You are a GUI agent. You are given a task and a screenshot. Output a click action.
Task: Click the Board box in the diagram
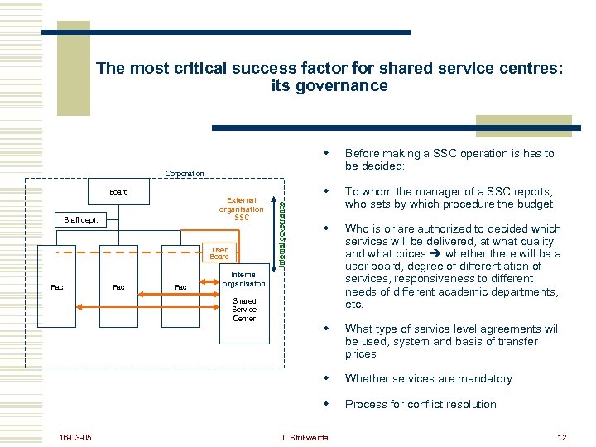pyautogui.click(x=118, y=192)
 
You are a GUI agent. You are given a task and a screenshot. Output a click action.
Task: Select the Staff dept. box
pyautogui.click(x=81, y=220)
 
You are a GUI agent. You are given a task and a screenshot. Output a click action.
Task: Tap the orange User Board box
pyautogui.click(x=219, y=253)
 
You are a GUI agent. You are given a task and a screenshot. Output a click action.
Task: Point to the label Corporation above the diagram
pyautogui.click(x=185, y=174)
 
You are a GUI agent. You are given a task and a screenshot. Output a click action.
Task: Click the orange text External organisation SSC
pyautogui.click(x=242, y=209)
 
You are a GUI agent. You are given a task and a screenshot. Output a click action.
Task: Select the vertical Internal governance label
pyautogui.click(x=281, y=235)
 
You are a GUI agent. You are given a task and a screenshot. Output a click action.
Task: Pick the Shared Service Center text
pyautogui.click(x=244, y=310)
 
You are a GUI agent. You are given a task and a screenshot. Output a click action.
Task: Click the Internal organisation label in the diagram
pyautogui.click(x=244, y=279)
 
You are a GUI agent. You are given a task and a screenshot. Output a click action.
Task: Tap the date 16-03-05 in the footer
pyautogui.click(x=75, y=437)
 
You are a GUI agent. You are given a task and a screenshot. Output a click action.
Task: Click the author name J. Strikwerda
pyautogui.click(x=304, y=437)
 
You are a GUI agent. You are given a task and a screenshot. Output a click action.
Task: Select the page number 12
pyautogui.click(x=561, y=437)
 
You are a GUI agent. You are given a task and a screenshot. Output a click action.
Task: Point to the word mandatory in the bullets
pyautogui.click(x=482, y=379)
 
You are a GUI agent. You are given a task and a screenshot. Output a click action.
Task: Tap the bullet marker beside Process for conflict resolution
pyautogui.click(x=328, y=404)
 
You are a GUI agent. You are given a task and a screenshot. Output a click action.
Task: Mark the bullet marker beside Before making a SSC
pyautogui.click(x=328, y=153)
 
